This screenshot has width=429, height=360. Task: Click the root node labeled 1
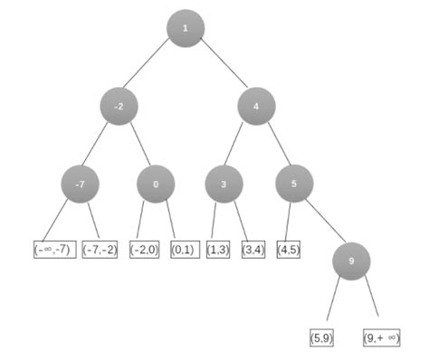(186, 28)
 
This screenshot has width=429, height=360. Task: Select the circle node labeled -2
(119, 106)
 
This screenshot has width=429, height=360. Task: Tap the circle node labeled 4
(256, 106)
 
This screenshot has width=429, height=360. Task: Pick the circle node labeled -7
(81, 184)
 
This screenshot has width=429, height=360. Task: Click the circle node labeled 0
(156, 184)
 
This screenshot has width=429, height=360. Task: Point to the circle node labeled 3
(224, 184)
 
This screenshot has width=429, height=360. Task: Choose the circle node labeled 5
(294, 184)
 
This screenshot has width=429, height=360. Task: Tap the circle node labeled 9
(351, 261)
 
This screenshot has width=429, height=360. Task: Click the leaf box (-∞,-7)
(55, 250)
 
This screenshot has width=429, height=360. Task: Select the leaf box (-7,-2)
(100, 250)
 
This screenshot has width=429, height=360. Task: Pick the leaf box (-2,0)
(145, 250)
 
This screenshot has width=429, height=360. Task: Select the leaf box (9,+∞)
(382, 337)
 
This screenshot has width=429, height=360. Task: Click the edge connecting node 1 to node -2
(146, 62)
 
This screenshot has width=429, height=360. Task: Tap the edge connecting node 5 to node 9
(326, 221)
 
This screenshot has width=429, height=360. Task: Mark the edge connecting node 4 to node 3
(234, 144)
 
